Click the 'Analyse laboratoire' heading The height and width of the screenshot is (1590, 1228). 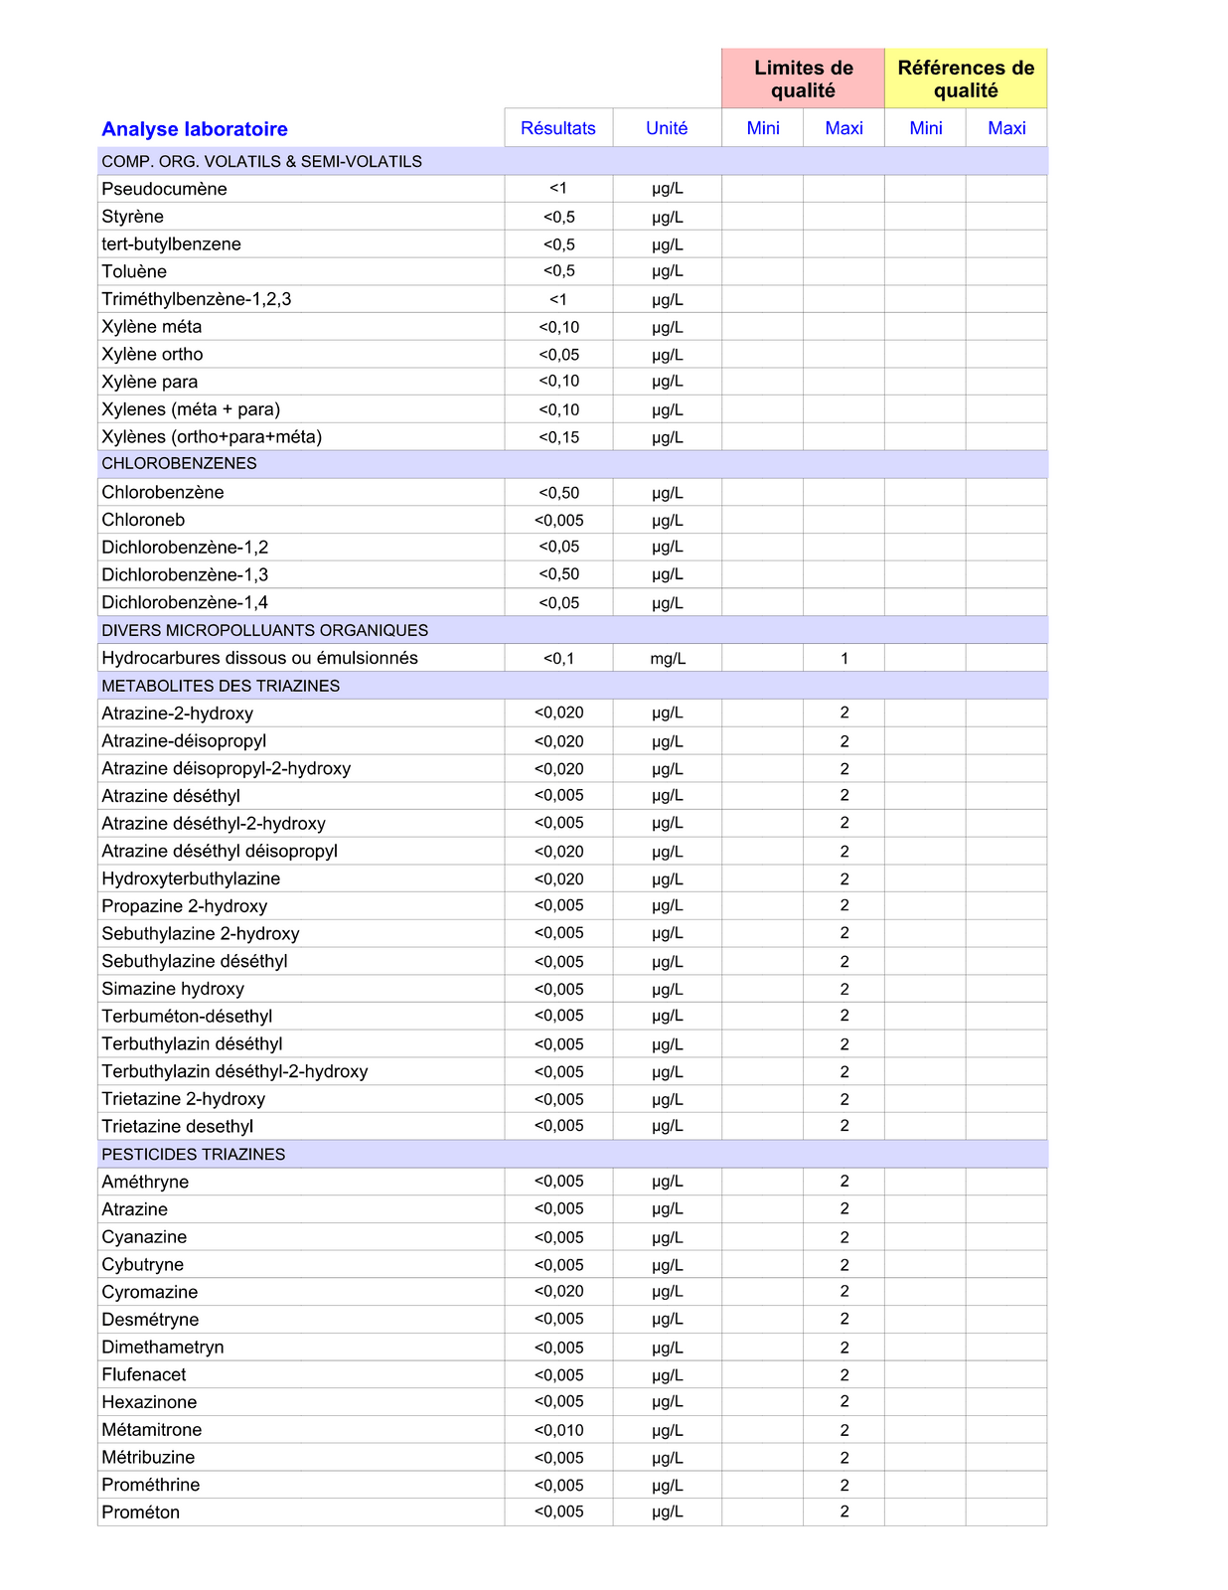pos(195,129)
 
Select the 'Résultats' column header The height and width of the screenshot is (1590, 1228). pos(558,128)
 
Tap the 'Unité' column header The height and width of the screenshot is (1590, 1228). pos(667,128)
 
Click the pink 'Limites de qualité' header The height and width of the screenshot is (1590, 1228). pos(803,79)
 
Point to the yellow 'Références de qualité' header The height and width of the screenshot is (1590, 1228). pos(966,79)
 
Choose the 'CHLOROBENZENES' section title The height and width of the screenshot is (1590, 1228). pos(179,464)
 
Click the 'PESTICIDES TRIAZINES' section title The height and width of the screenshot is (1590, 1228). pos(193,1155)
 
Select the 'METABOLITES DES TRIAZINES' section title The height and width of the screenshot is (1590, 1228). pos(221,686)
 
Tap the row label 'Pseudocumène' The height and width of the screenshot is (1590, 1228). pos(164,189)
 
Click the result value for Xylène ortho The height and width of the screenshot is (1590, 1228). pos(559,355)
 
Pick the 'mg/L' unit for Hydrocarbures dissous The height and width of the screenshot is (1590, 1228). pos(668,659)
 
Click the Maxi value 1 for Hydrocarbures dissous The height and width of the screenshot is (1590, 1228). pos(844,659)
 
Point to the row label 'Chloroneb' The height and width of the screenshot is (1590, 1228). pos(143,520)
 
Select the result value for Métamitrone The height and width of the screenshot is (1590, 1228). pos(559,1430)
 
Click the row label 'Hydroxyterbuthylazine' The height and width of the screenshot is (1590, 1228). pos(191,878)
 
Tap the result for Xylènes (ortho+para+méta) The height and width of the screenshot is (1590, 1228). pos(559,437)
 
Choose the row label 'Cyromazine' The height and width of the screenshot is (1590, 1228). pos(150,1292)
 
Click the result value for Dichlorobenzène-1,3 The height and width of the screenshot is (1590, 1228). pos(559,574)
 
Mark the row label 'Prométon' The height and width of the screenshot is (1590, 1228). pos(141,1512)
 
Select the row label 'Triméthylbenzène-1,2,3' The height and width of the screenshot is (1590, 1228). pos(197,299)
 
